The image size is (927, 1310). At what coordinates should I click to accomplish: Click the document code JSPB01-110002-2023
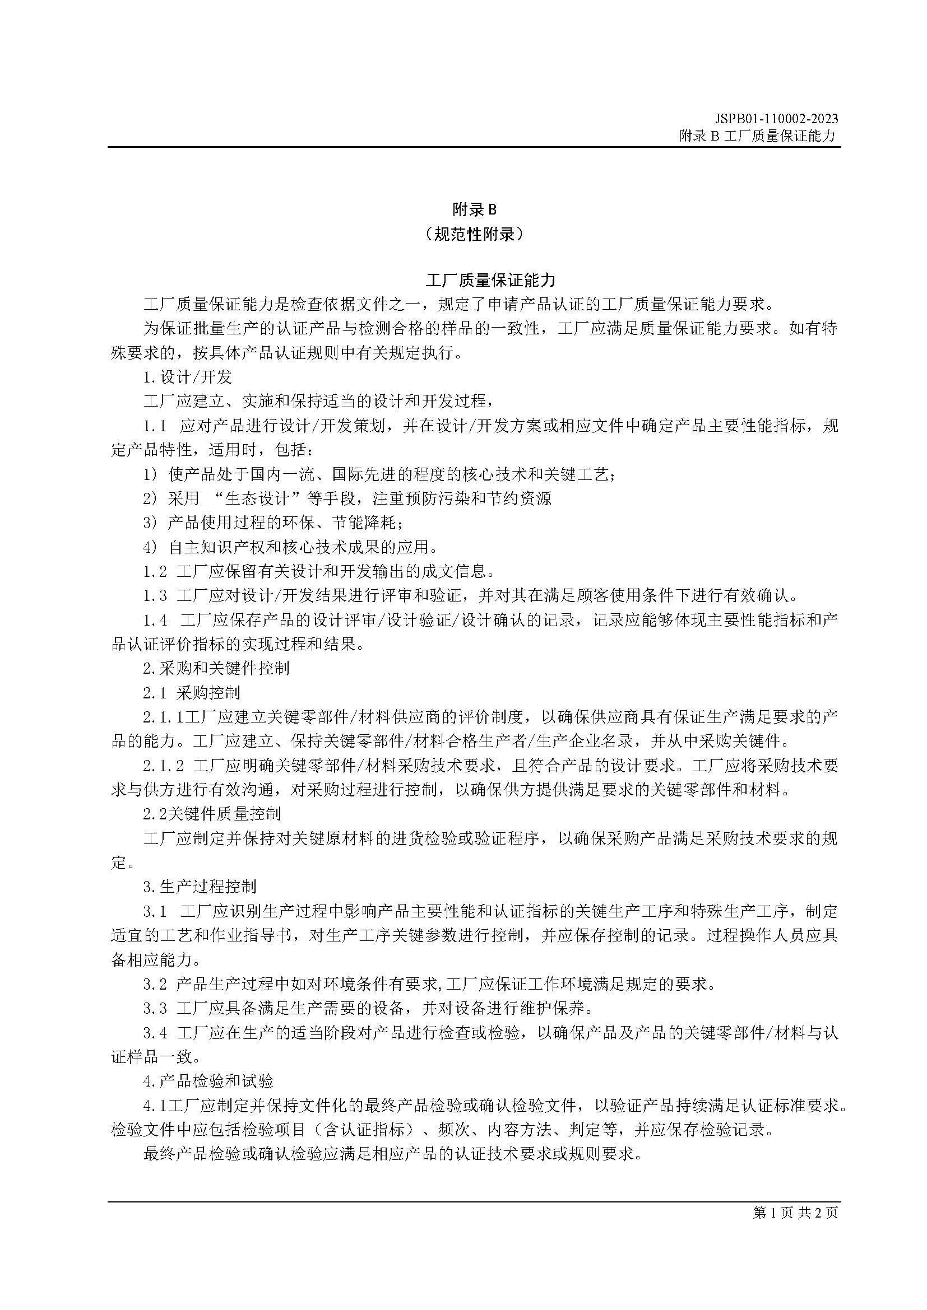click(x=776, y=119)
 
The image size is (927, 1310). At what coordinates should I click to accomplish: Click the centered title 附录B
click(x=474, y=210)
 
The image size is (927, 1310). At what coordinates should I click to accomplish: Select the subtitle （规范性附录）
click(x=474, y=234)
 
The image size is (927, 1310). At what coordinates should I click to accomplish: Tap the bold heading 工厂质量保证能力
click(x=490, y=280)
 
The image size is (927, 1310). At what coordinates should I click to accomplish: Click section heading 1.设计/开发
click(x=187, y=377)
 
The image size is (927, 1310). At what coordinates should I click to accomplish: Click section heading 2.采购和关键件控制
click(x=216, y=668)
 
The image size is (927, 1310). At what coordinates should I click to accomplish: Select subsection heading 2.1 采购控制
click(x=191, y=693)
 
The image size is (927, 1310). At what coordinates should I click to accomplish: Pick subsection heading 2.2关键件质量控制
click(x=211, y=814)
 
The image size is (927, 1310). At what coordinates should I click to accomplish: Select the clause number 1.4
click(x=155, y=620)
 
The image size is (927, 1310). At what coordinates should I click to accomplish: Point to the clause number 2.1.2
click(x=163, y=766)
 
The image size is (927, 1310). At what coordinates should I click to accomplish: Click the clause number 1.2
click(x=155, y=571)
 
